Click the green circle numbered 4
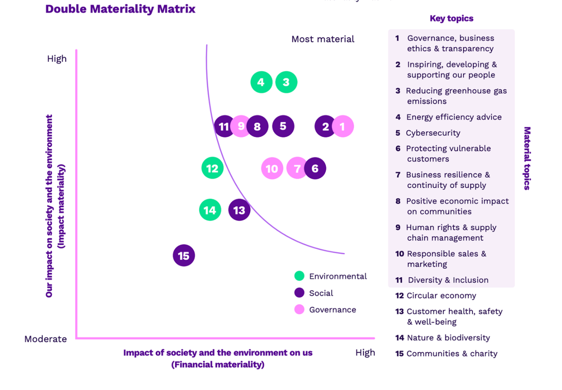tap(261, 82)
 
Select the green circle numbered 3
tap(286, 82)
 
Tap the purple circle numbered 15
tap(184, 256)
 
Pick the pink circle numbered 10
tap(272, 169)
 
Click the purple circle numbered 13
tap(239, 210)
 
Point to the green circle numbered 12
tap(212, 168)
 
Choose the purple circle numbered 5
tap(283, 126)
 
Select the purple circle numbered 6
tap(315, 168)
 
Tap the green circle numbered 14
tap(210, 210)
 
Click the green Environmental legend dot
tap(300, 276)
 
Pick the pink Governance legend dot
tap(300, 309)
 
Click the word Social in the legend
tap(321, 293)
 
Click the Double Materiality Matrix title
tap(120, 9)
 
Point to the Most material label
tap(323, 39)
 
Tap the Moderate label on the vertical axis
tap(46, 339)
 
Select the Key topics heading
tap(452, 18)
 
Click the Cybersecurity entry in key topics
tap(433, 133)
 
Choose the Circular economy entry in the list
tap(441, 296)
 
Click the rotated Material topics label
tap(527, 158)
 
